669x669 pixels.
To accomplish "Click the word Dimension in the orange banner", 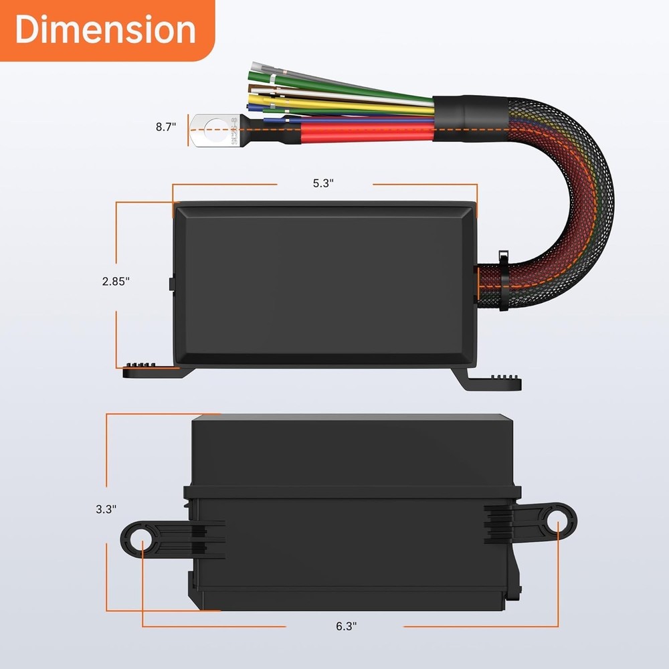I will click(x=106, y=31).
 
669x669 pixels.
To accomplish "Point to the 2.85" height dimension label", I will click(x=116, y=282).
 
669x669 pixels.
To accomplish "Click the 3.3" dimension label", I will click(x=106, y=508).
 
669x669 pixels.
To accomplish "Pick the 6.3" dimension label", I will click(x=346, y=626).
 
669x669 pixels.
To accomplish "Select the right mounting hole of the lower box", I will click(x=558, y=521).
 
